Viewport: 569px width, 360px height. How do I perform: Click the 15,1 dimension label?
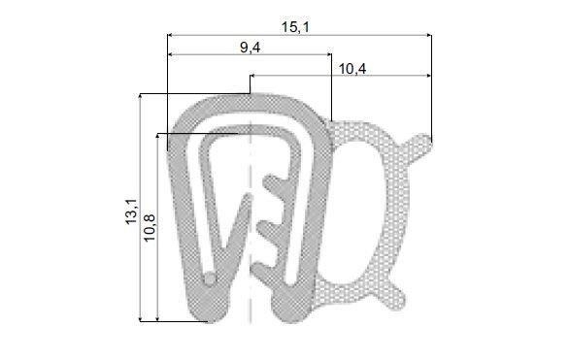(295, 27)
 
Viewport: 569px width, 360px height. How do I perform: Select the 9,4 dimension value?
(250, 48)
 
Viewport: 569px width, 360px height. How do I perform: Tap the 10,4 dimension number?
(352, 69)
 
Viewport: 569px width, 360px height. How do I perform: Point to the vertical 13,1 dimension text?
(131, 212)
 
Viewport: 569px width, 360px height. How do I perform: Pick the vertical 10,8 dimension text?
(150, 228)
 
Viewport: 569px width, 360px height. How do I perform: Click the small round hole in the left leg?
(210, 278)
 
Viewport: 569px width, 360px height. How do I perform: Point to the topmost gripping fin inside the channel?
(275, 183)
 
